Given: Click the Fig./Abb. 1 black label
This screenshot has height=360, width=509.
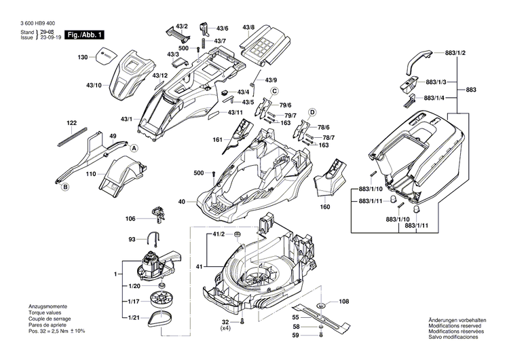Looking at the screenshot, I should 86,34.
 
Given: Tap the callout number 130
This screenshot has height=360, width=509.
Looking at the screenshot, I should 83,57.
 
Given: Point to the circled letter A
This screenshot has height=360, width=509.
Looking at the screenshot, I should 134,148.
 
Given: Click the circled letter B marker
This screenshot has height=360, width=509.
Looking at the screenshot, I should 64,187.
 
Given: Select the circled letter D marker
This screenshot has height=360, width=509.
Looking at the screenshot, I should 313,111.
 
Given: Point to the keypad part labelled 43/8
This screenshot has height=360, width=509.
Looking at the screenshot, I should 266,47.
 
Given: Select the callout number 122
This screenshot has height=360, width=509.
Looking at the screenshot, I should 71,123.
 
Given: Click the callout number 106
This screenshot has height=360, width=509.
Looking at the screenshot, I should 130,219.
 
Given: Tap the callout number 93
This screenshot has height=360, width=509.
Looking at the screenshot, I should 132,239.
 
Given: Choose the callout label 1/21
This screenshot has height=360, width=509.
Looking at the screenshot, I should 134,319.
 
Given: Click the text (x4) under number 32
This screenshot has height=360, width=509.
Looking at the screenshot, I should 225,329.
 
